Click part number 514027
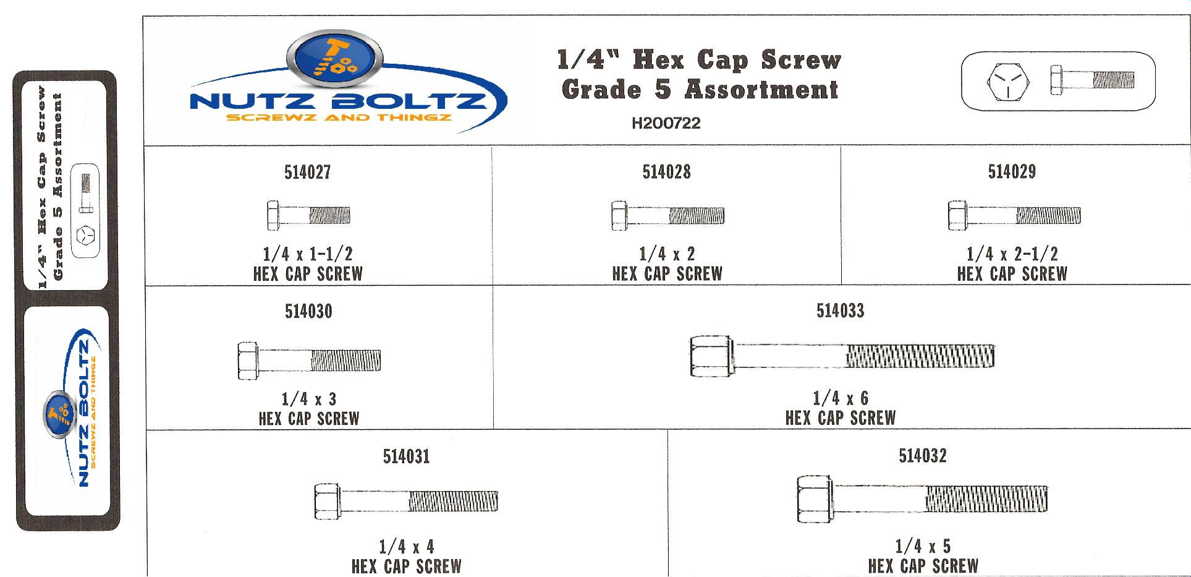click(307, 172)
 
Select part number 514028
click(666, 172)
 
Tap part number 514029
click(1012, 171)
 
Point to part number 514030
click(308, 311)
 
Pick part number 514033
click(840, 310)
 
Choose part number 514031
click(406, 456)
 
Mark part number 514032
click(922, 456)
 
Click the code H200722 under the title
click(666, 123)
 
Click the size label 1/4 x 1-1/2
click(308, 254)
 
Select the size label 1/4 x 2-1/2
click(1012, 254)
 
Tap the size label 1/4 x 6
click(840, 398)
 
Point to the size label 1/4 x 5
click(923, 546)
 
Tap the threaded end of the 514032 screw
click(986, 498)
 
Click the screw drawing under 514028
click(668, 215)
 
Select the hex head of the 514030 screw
click(248, 361)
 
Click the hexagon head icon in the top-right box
click(1008, 82)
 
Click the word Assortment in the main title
click(761, 90)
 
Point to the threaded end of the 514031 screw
click(453, 501)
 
